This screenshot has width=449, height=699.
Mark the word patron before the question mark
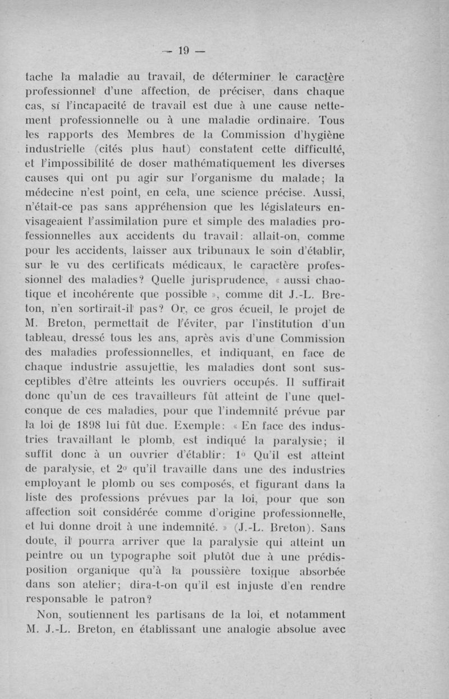(132, 602)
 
